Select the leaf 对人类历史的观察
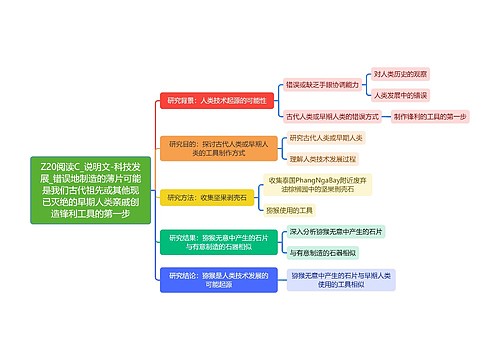coord(401,74)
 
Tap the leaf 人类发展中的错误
coord(400,96)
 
